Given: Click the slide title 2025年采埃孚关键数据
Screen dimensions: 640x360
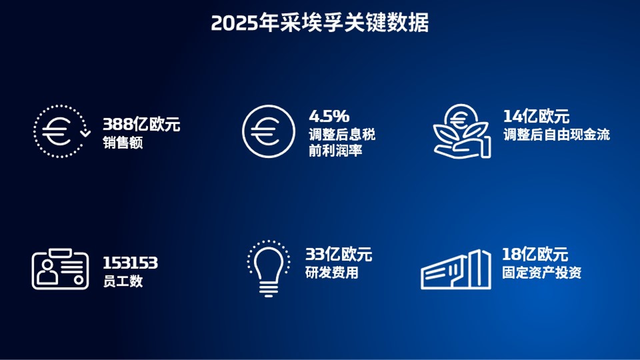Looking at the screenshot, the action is click(x=320, y=23).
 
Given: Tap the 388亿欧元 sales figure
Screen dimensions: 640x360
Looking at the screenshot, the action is click(x=141, y=124).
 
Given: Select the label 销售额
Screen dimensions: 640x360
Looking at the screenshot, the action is click(x=123, y=143).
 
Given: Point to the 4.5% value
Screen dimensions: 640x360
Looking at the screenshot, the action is click(x=329, y=116).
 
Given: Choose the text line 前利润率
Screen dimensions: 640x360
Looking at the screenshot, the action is click(x=335, y=150).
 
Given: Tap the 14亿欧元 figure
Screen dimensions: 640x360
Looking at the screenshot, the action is click(x=536, y=116).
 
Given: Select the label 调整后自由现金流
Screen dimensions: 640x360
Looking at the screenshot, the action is click(x=557, y=135).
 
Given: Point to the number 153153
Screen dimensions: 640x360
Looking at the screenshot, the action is click(x=130, y=263).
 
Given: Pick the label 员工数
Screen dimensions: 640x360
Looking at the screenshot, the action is click(x=123, y=281).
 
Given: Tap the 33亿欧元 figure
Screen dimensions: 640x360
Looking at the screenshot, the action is click(x=339, y=254).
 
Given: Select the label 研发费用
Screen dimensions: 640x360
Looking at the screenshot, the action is click(x=332, y=272).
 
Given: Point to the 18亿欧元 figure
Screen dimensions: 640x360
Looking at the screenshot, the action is click(x=535, y=254).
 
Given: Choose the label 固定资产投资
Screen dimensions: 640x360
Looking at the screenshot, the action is click(x=542, y=272).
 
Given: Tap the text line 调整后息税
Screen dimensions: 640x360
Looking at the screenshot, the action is click(x=342, y=135).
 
